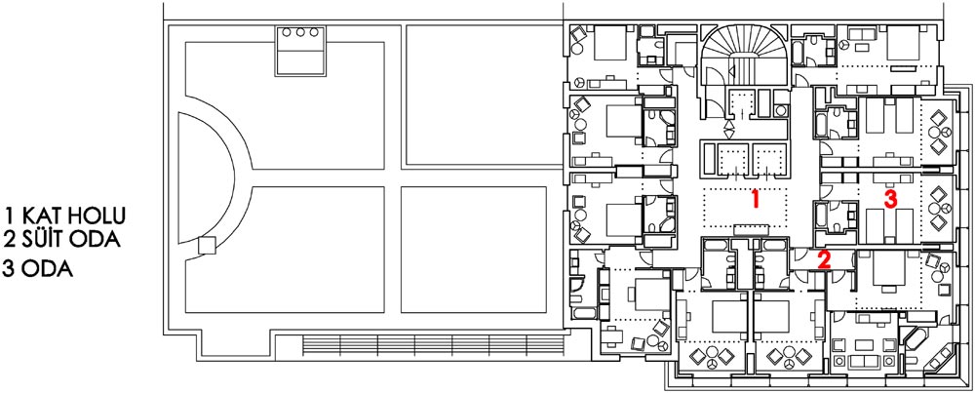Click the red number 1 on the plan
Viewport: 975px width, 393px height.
click(755, 199)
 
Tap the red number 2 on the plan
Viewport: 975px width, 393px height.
click(824, 259)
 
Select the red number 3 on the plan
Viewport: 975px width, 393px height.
click(891, 199)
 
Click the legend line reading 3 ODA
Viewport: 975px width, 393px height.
click(37, 269)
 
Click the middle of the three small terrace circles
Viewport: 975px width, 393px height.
click(301, 32)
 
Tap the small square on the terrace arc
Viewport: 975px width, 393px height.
click(208, 245)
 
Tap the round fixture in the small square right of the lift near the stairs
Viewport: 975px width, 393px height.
click(781, 111)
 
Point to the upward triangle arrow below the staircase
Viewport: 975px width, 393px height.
click(729, 125)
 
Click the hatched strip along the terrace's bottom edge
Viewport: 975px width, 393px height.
click(433, 345)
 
